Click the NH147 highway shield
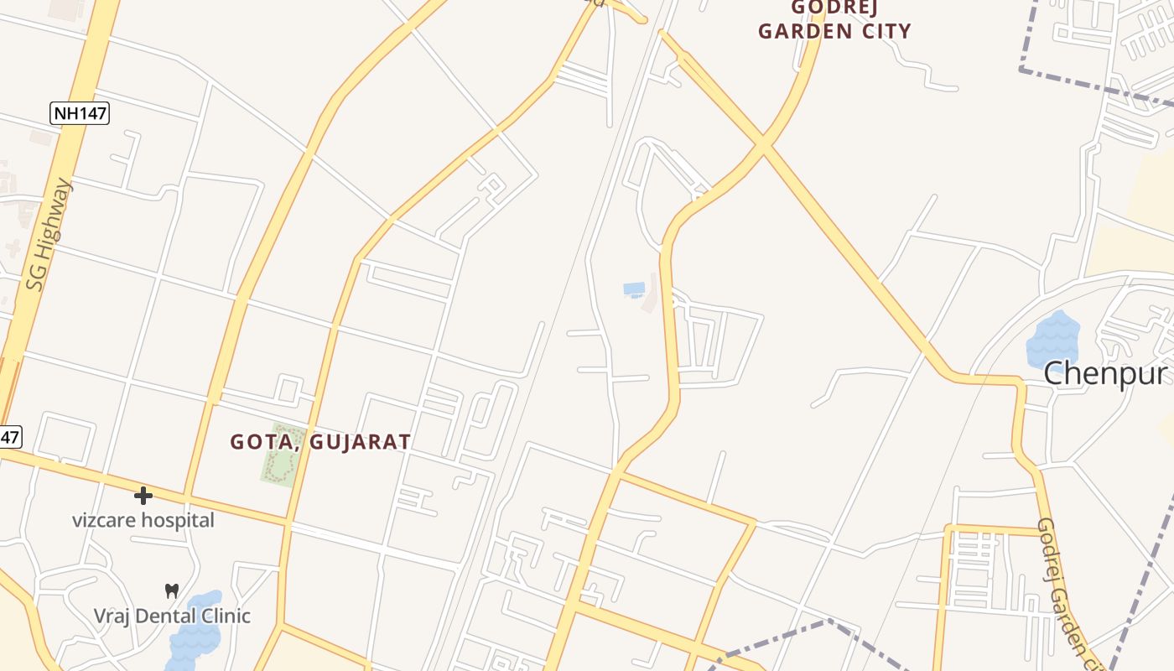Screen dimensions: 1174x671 (x=81, y=113)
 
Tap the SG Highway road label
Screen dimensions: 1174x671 (x=49, y=234)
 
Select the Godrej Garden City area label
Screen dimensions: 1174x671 (x=834, y=20)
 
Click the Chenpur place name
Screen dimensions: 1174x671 (x=1105, y=373)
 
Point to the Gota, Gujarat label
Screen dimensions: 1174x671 (x=320, y=441)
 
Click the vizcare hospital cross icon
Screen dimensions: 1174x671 (x=143, y=496)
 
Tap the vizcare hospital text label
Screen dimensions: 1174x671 (x=143, y=520)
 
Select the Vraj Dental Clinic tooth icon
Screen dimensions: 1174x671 (x=172, y=590)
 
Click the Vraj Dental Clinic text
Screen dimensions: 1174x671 (x=172, y=616)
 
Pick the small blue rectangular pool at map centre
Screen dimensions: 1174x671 (x=634, y=289)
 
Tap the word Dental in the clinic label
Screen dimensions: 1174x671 (x=172, y=616)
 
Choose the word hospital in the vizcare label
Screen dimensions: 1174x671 (x=177, y=520)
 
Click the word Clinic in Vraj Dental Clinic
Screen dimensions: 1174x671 (x=225, y=616)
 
